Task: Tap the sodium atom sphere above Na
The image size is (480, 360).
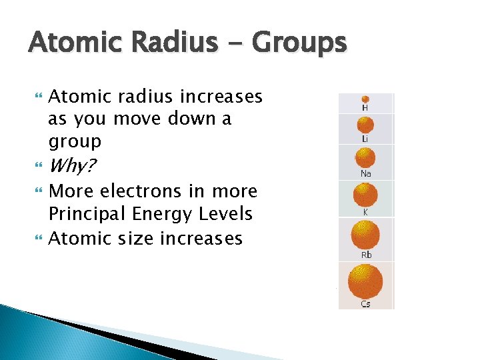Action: [x=365, y=158]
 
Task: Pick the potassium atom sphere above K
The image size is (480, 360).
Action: [x=365, y=195]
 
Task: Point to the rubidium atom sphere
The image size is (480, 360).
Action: [x=365, y=235]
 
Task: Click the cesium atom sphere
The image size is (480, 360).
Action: [x=365, y=282]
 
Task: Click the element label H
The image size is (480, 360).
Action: [x=365, y=108]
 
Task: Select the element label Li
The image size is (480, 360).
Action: [x=365, y=139]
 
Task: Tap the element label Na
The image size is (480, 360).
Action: [x=365, y=173]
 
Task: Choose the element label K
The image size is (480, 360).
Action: [x=365, y=211]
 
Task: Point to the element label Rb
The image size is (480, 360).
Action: [x=365, y=255]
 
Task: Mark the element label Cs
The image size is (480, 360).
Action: [x=365, y=304]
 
